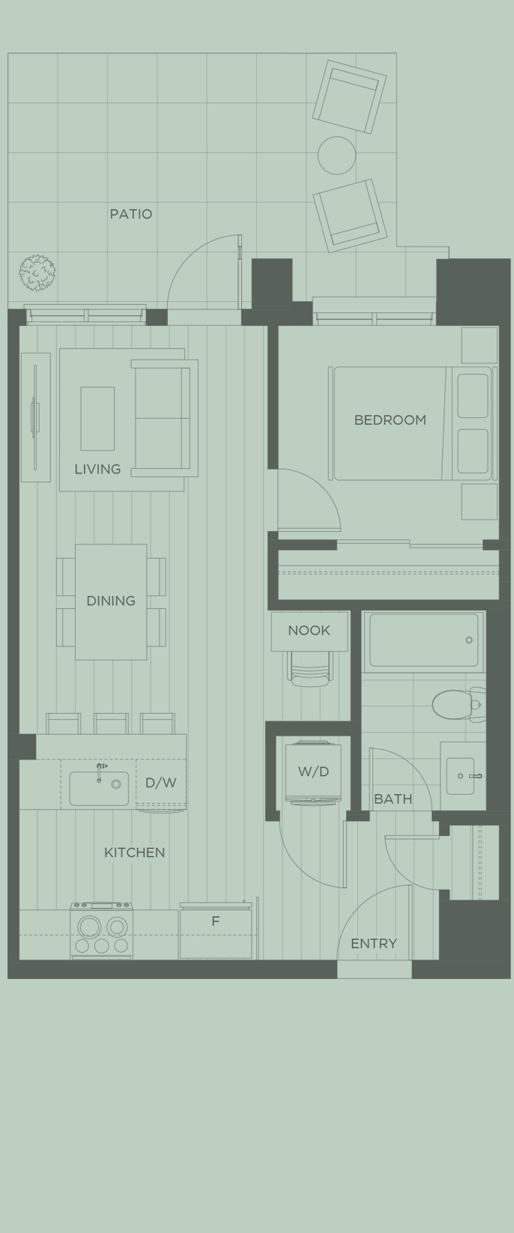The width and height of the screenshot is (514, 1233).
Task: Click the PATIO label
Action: click(x=130, y=214)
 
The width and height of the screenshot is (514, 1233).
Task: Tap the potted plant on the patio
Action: click(x=37, y=272)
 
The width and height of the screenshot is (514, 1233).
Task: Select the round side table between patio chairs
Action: click(x=336, y=155)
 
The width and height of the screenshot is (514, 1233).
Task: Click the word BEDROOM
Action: click(x=390, y=420)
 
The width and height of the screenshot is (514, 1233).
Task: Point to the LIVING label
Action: click(x=97, y=470)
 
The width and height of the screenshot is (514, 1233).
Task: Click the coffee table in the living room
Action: click(x=97, y=418)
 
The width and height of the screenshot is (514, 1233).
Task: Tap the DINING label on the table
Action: click(x=111, y=601)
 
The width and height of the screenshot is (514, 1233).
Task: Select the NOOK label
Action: click(x=309, y=631)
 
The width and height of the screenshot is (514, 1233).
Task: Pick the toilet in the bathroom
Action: click(x=452, y=703)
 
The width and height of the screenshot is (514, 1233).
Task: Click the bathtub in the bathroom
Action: click(x=423, y=640)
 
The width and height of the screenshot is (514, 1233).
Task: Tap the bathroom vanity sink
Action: click(x=460, y=775)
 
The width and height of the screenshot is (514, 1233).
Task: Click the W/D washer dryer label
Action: click(x=313, y=772)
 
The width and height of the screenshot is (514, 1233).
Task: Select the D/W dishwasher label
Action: click(x=160, y=783)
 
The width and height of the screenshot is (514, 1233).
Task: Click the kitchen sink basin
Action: click(x=98, y=788)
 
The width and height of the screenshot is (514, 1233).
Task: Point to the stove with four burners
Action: click(x=101, y=931)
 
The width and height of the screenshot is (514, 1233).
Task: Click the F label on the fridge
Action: click(x=215, y=921)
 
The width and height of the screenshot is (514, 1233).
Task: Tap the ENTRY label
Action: click(x=373, y=944)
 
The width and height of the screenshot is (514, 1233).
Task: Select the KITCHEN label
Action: click(x=134, y=852)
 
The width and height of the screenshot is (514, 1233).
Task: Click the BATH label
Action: click(x=393, y=799)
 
